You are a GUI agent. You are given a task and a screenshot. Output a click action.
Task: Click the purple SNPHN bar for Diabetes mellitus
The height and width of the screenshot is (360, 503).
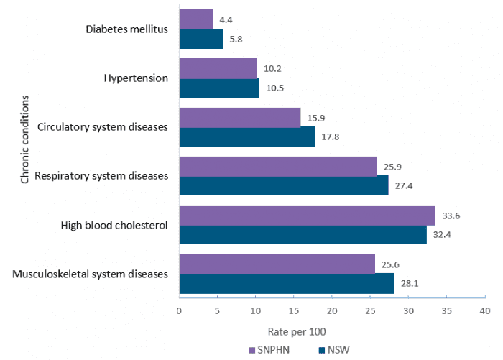click(195, 19)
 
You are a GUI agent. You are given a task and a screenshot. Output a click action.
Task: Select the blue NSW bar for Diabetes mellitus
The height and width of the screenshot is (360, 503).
click(200, 39)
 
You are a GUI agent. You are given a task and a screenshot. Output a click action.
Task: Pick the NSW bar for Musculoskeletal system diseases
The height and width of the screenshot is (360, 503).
click(287, 283)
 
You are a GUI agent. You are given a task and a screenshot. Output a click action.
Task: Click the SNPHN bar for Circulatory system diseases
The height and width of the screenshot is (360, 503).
click(239, 117)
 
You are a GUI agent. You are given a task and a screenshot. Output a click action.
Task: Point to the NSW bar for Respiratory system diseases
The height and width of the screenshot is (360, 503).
click(283, 185)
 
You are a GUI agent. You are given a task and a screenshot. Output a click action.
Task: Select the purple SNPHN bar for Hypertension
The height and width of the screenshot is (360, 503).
click(218, 68)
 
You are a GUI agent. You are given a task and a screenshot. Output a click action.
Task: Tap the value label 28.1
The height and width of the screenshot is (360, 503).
click(411, 283)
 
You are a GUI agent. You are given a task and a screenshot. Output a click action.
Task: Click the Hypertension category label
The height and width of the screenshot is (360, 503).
click(136, 78)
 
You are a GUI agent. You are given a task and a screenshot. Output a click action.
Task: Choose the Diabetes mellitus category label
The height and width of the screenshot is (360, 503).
click(126, 29)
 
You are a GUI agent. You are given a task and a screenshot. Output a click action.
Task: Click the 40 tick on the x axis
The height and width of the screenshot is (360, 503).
click(485, 310)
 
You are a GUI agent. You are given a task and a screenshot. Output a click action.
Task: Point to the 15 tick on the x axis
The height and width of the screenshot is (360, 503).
click(293, 310)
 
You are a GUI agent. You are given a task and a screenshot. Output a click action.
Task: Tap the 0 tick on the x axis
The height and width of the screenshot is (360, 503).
click(179, 310)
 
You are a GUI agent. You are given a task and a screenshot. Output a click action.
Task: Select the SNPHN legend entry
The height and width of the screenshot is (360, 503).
click(269, 350)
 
